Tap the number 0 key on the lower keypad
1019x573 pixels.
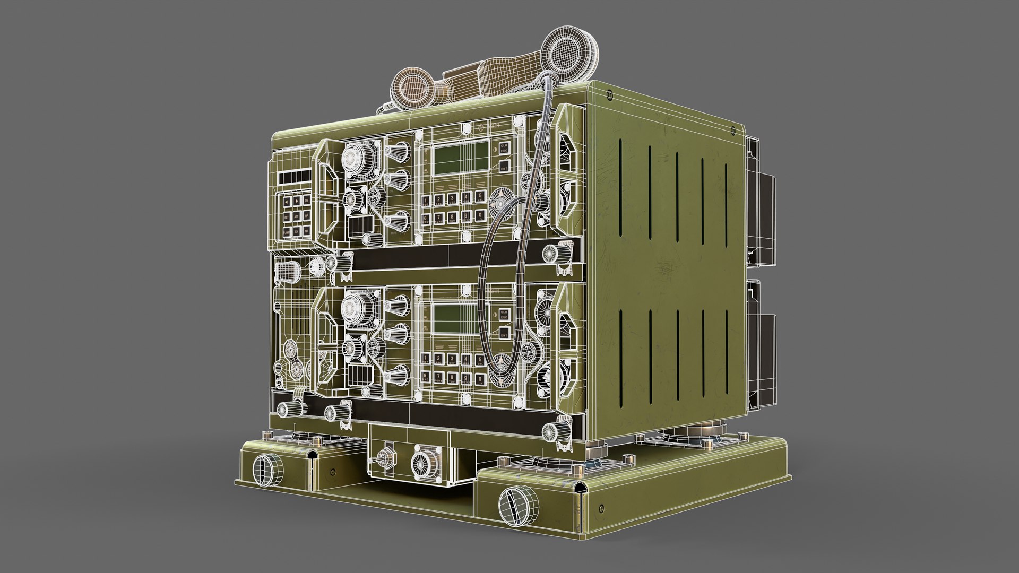pyautogui.click(x=479, y=379)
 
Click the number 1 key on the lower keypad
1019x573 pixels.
pyautogui.click(x=425, y=359)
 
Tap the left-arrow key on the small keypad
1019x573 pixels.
pyautogui.click(x=287, y=202)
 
